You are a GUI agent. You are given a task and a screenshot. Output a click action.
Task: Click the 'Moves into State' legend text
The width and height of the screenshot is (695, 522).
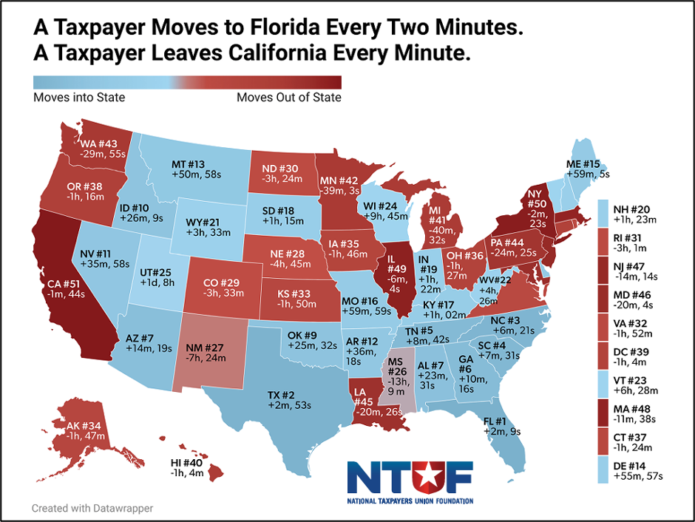pos(80,97)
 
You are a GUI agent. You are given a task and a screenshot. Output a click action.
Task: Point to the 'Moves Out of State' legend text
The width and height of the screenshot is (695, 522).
pos(289,97)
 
